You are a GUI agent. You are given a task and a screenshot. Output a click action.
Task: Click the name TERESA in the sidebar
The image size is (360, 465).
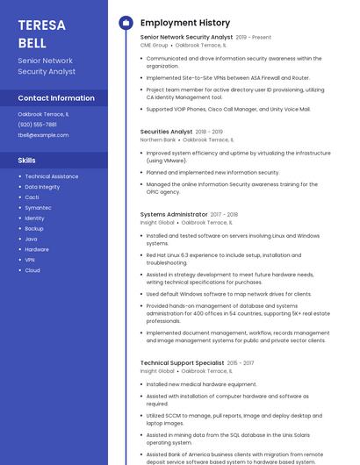click(41, 25)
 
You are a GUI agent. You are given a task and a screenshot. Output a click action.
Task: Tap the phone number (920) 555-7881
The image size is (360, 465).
click(37, 125)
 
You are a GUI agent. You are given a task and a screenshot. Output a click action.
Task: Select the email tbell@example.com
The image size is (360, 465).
click(43, 135)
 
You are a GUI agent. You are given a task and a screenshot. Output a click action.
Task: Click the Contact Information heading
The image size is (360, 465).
click(56, 98)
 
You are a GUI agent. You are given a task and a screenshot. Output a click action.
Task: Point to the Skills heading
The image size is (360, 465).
click(27, 161)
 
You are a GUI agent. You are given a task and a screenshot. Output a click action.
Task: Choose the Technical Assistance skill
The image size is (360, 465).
click(51, 176)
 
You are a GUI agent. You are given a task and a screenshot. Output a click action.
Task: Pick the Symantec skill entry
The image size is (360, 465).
click(38, 208)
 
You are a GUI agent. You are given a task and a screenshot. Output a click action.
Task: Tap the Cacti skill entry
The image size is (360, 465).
click(32, 197)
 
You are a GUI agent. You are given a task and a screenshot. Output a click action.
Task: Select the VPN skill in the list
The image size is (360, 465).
click(30, 260)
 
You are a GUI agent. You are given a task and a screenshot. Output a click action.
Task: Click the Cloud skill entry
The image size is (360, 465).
click(32, 270)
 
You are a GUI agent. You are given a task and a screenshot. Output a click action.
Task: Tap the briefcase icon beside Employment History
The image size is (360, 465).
click(126, 22)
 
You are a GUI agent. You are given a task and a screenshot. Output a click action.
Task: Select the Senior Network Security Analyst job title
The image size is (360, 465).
click(186, 38)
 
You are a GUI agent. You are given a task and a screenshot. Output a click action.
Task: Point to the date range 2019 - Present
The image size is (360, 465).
click(254, 38)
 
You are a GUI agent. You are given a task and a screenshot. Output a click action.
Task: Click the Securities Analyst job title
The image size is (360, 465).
click(166, 132)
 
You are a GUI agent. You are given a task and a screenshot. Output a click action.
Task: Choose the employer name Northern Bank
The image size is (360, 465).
click(158, 139)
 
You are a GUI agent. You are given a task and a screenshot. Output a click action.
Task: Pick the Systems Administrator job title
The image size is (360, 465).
click(174, 215)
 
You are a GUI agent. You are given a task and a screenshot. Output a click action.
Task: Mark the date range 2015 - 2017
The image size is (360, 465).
click(241, 362)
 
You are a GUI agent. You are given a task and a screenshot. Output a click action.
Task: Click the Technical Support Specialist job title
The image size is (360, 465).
click(182, 362)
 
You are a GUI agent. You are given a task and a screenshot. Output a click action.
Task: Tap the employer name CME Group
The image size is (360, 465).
click(154, 46)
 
